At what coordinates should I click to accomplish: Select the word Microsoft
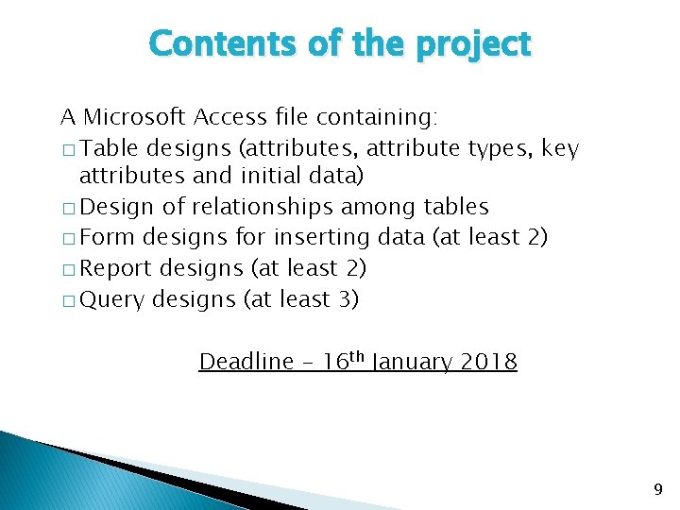[x=135, y=117]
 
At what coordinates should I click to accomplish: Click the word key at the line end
[x=560, y=148]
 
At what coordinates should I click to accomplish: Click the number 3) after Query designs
[x=346, y=299]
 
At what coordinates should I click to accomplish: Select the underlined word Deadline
[x=246, y=362]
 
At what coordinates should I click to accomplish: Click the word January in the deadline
[x=412, y=362]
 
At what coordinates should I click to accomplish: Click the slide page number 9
[x=658, y=489]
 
